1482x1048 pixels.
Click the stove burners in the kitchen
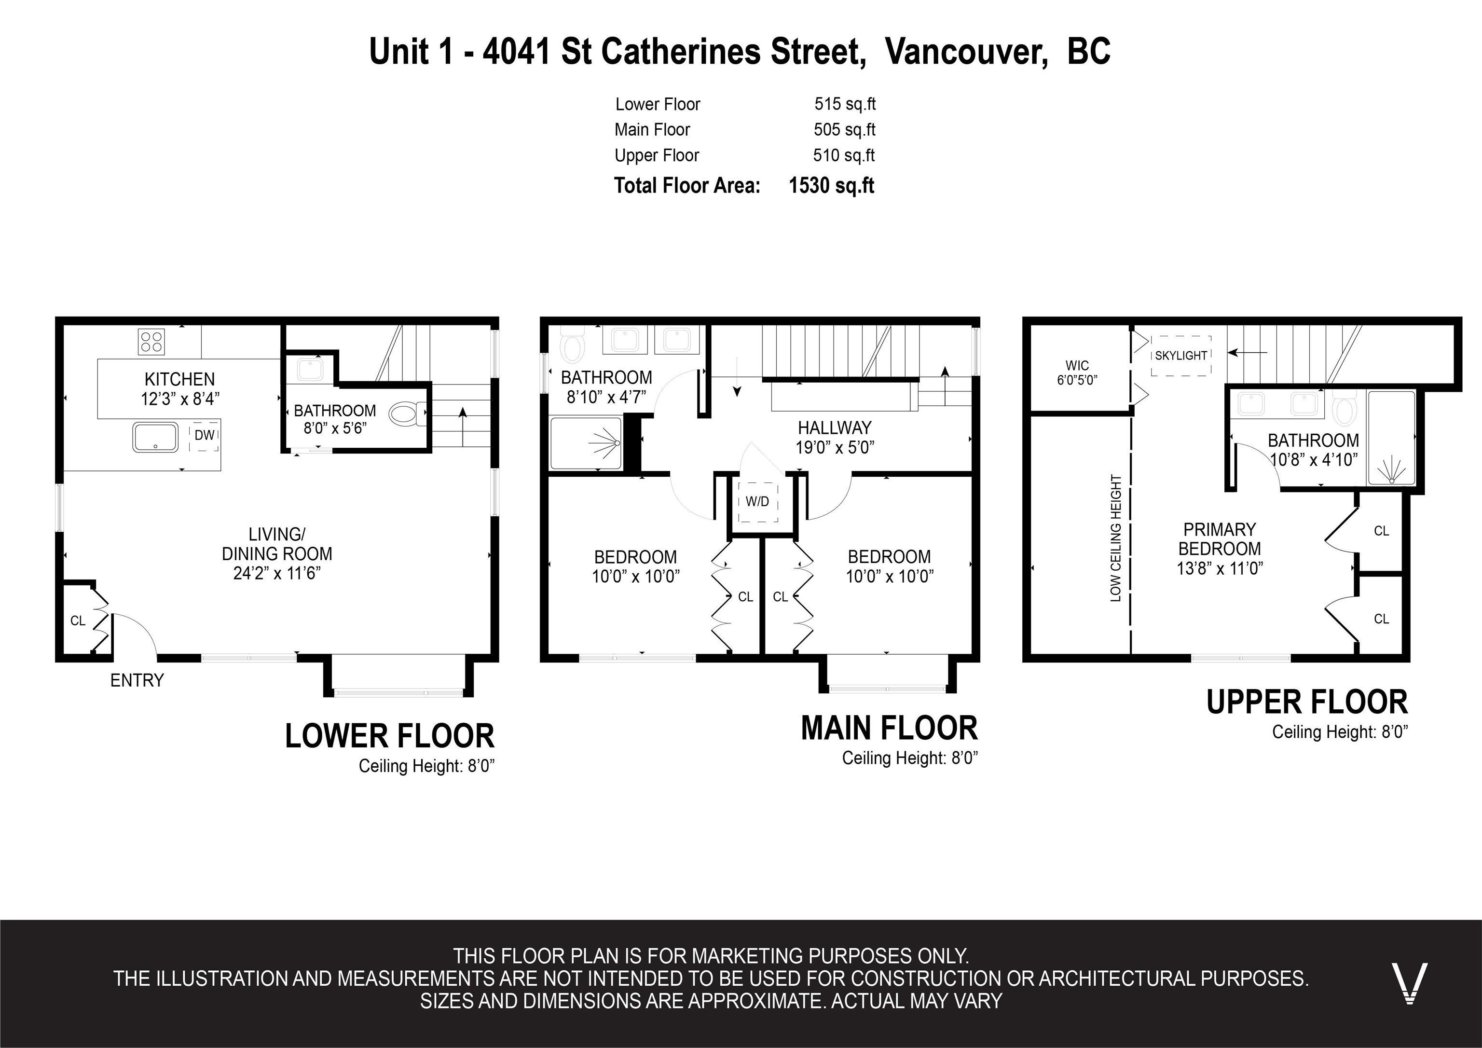click(x=151, y=342)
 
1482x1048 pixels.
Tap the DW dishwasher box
click(x=205, y=435)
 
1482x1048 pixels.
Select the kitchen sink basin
click(x=155, y=437)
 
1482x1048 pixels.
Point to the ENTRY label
click(x=137, y=681)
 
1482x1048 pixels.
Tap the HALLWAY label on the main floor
click(x=835, y=427)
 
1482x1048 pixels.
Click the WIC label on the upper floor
click(x=1077, y=365)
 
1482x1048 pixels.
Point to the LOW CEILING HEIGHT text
click(x=1115, y=538)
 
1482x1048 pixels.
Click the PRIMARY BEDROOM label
click(x=1219, y=539)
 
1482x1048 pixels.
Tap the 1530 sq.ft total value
click(x=831, y=185)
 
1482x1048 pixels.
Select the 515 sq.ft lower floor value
click(x=845, y=104)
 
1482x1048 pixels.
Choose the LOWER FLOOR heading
click(x=390, y=736)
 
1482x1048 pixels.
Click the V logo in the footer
click(x=1410, y=983)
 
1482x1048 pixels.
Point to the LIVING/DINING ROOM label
click(x=277, y=553)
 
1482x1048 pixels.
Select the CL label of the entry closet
click(x=78, y=621)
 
